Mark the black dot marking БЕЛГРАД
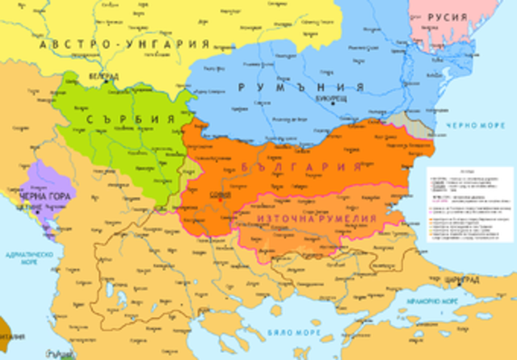(104, 82)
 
